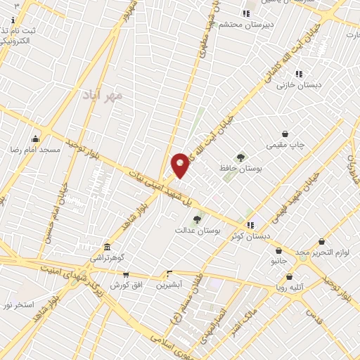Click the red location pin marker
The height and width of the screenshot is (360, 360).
point(181,164)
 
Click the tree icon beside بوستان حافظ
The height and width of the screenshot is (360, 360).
point(241,157)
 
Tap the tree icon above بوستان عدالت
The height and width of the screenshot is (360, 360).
point(196,219)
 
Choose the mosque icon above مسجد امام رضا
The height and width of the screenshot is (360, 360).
point(35,139)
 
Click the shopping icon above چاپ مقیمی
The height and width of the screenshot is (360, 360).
point(285,134)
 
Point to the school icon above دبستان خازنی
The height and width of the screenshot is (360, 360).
point(299,73)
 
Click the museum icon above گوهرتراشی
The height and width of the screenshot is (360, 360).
point(107,247)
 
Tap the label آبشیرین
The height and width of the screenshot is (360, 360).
point(169,285)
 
